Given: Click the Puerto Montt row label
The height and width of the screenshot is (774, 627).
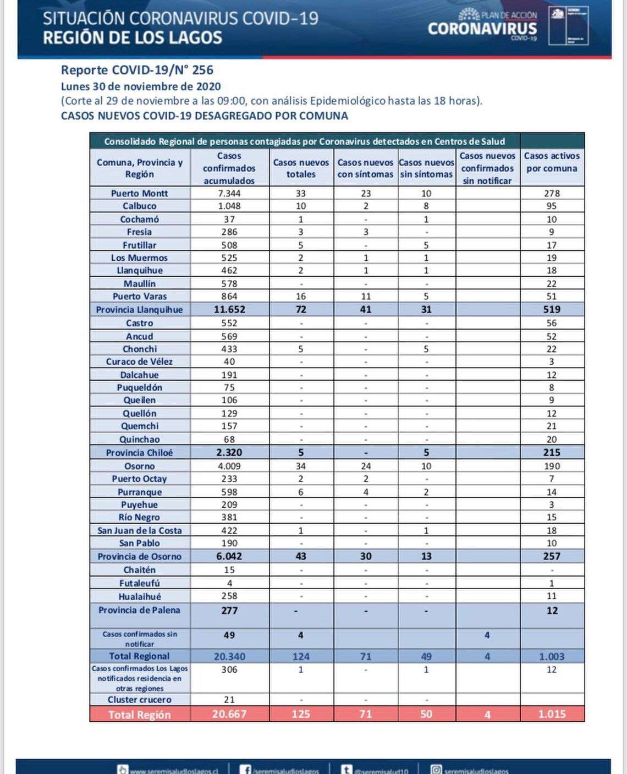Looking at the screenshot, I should click(x=139, y=193).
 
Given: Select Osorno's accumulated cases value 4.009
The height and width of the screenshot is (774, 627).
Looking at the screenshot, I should click(x=229, y=466).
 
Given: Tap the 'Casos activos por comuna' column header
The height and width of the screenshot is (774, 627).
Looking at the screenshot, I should click(x=552, y=162).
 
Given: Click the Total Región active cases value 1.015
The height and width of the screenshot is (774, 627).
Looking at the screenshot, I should click(x=552, y=714).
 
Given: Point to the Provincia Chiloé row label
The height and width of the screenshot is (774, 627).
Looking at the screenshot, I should click(x=139, y=453).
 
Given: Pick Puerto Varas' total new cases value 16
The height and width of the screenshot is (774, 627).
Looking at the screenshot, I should click(x=301, y=296).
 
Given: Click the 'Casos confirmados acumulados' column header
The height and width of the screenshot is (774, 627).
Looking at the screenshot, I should click(x=229, y=168).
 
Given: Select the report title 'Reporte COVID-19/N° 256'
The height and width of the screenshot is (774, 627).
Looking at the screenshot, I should click(x=137, y=70).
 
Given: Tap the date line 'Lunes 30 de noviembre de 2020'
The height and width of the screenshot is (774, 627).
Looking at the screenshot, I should click(x=141, y=86).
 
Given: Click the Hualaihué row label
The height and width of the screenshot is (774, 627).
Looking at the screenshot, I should click(x=140, y=596).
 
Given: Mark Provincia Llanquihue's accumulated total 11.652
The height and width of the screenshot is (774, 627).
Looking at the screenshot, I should click(x=229, y=309).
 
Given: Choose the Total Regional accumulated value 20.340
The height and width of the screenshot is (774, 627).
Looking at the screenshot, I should click(x=229, y=656).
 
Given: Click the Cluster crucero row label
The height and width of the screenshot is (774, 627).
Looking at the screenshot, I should click(x=140, y=700).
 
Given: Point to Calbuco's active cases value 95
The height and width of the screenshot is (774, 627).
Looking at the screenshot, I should click(x=552, y=206).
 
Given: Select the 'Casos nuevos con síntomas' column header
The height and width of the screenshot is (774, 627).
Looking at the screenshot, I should click(x=365, y=168).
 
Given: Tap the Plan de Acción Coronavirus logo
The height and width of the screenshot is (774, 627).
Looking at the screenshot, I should click(x=482, y=25).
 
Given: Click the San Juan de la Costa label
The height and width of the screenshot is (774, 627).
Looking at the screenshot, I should click(x=140, y=530).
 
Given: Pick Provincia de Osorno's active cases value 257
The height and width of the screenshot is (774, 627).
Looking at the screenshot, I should click(x=552, y=556).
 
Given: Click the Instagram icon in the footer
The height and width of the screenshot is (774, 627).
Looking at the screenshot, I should click(x=436, y=770).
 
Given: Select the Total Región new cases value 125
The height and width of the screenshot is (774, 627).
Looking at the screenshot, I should click(x=301, y=714).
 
